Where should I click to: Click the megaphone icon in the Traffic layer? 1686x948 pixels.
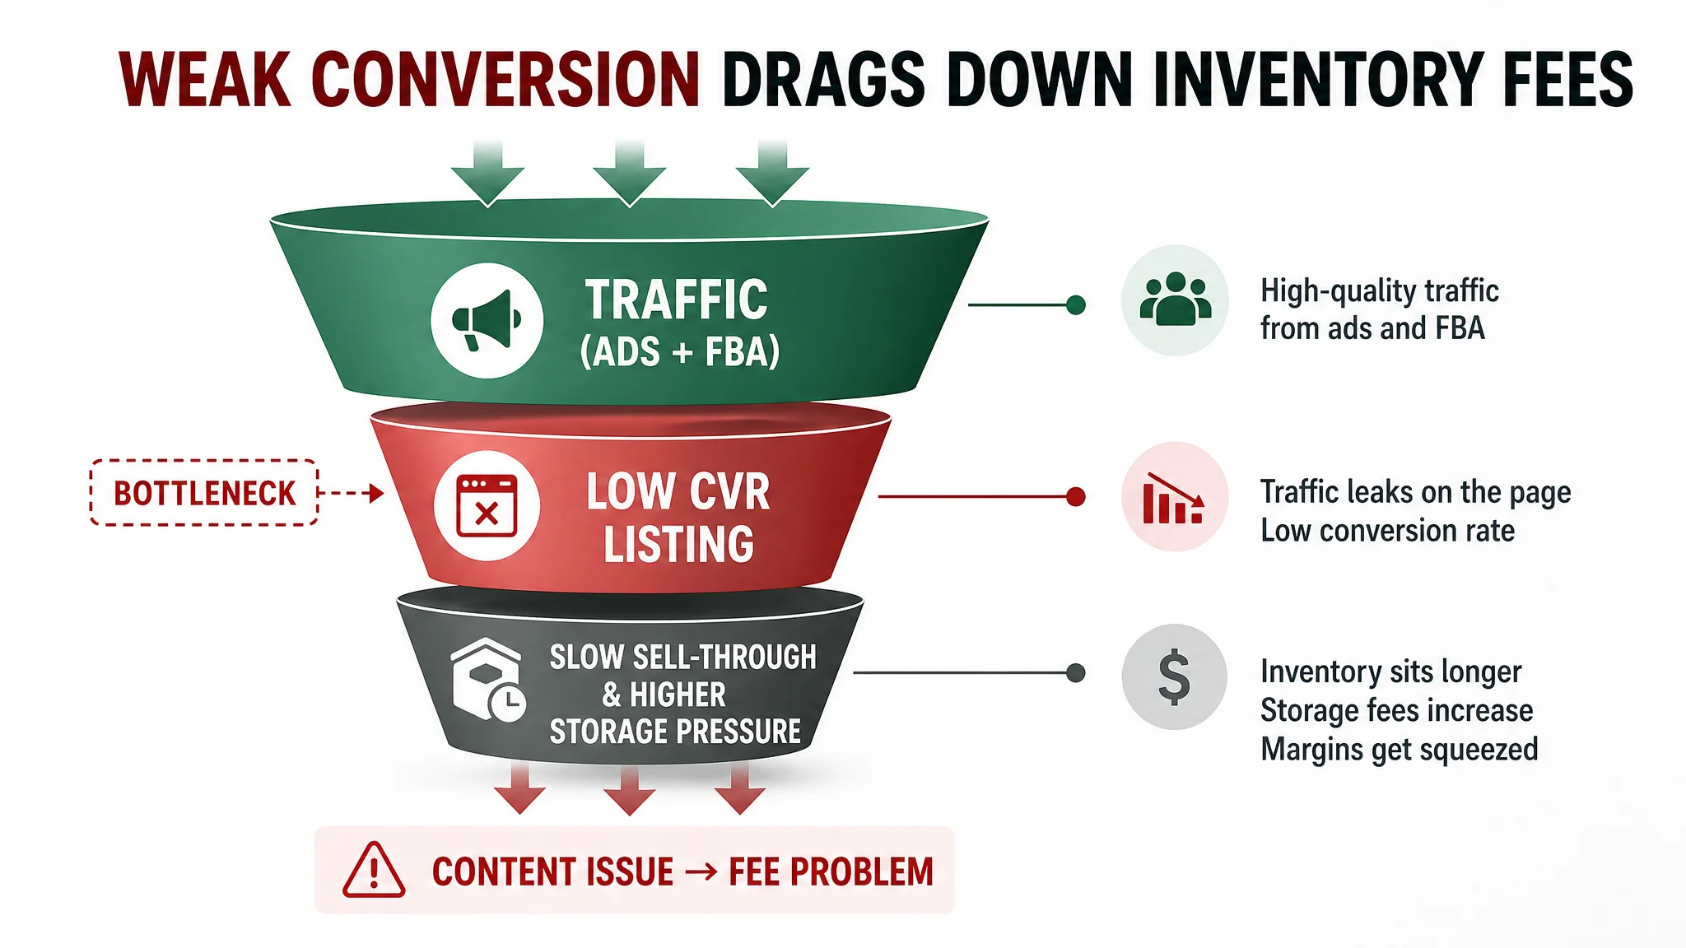click(x=487, y=320)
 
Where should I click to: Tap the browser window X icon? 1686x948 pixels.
click(x=487, y=505)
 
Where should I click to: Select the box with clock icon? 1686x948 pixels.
click(x=488, y=680)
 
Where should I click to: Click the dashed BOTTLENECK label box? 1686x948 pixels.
click(x=204, y=493)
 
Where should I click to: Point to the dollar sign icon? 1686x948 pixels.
click(x=1174, y=676)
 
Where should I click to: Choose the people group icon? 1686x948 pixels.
click(x=1175, y=299)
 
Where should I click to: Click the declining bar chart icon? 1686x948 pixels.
click(x=1173, y=499)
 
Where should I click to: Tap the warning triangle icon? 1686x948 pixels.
click(x=374, y=870)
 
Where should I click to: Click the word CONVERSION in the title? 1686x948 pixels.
click(x=505, y=80)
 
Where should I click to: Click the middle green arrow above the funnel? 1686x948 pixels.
click(x=630, y=174)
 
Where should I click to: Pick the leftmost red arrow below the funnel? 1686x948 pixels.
click(x=519, y=788)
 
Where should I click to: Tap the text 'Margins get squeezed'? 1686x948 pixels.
click(x=1399, y=750)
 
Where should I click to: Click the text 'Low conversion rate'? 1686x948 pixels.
click(x=1387, y=531)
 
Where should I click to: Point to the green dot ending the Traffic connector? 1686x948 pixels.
click(x=1076, y=305)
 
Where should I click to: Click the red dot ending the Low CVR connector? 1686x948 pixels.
click(x=1076, y=497)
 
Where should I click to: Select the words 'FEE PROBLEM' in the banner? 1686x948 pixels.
click(x=831, y=872)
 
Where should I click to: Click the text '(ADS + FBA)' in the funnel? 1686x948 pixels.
click(x=679, y=352)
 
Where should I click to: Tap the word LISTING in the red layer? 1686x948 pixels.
click(x=678, y=544)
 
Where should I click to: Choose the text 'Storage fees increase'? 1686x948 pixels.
click(x=1396, y=710)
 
